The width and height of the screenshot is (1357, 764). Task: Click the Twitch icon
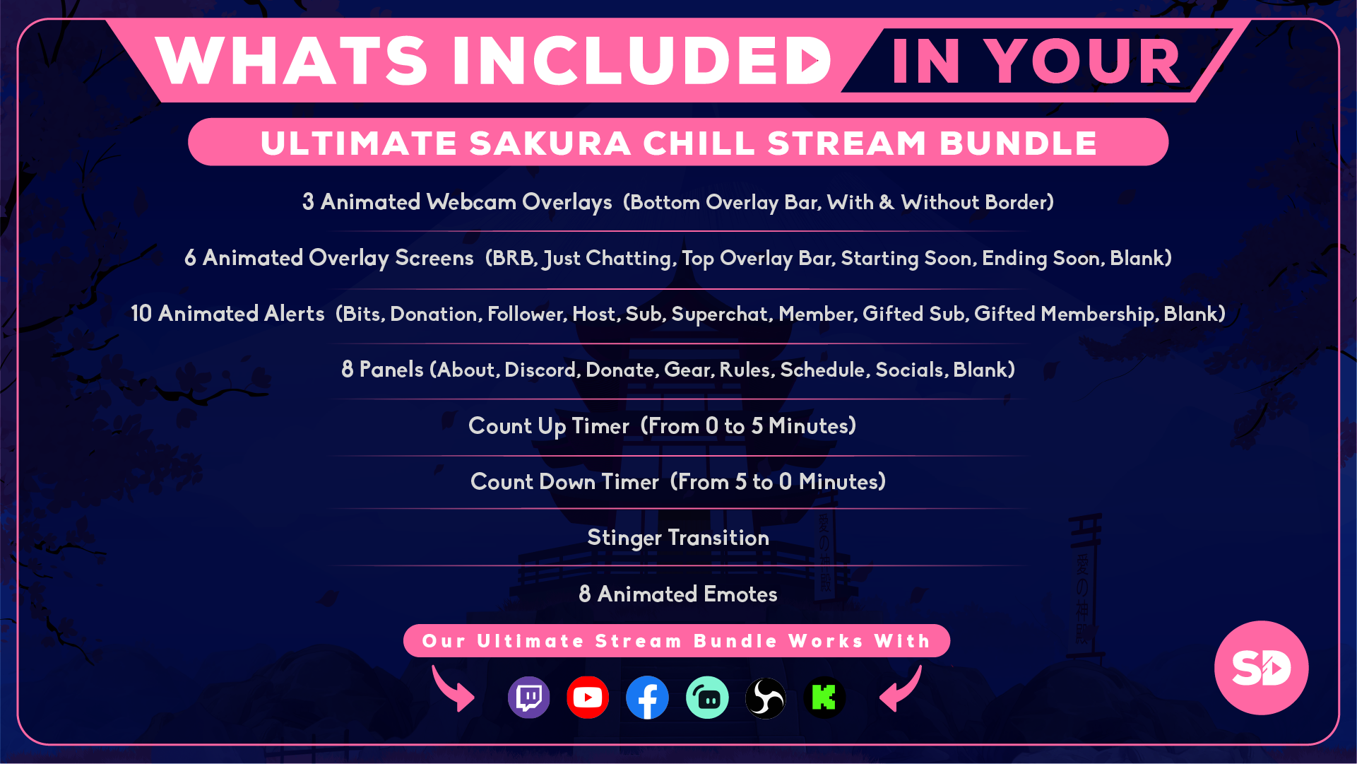pyautogui.click(x=528, y=698)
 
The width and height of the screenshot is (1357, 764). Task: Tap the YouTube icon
pyautogui.click(x=588, y=698)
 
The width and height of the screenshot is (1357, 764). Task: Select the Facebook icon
pyautogui.click(x=647, y=698)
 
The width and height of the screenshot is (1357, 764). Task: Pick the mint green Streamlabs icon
pyautogui.click(x=707, y=698)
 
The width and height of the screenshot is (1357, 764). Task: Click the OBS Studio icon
pyautogui.click(x=766, y=698)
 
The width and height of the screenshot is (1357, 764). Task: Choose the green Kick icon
pyautogui.click(x=824, y=698)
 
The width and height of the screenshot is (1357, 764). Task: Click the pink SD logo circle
pyautogui.click(x=1261, y=668)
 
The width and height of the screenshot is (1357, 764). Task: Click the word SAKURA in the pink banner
pyautogui.click(x=550, y=143)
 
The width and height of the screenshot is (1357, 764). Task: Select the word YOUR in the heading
pyautogui.click(x=1082, y=61)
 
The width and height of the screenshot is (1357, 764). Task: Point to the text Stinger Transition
pyautogui.click(x=678, y=538)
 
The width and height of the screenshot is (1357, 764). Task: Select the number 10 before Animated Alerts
pyautogui.click(x=141, y=314)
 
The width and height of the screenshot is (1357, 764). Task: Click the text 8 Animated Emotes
pyautogui.click(x=678, y=594)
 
